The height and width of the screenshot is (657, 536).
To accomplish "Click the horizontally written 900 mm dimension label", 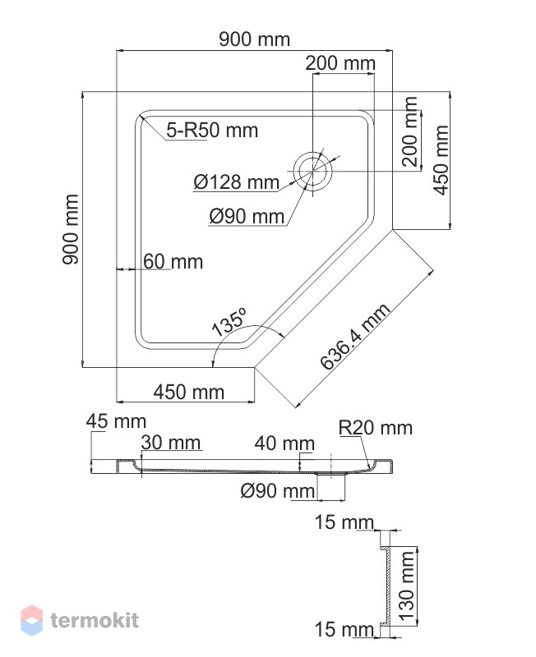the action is click(254, 39).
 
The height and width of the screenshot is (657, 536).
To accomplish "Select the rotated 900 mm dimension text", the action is click(71, 229).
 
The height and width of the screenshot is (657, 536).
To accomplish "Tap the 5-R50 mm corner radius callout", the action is click(212, 131).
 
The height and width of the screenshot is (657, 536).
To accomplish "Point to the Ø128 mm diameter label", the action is click(236, 182).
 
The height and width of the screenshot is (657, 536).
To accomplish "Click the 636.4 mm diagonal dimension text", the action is click(355, 337).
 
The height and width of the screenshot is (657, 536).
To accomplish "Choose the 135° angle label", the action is click(229, 322).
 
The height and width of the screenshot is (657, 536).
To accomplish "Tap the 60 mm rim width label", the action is click(173, 261).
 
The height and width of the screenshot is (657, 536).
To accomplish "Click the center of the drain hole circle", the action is click(313, 171).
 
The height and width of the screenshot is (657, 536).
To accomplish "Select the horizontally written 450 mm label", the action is click(189, 393).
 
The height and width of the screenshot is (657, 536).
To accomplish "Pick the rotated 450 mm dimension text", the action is click(441, 160).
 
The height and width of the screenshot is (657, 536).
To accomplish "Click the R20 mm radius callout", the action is click(376, 428).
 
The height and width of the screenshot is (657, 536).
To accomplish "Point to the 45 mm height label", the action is click(116, 421).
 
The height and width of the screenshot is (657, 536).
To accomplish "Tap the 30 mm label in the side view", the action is click(171, 443).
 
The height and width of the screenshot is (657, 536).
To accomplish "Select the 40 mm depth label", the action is click(284, 443).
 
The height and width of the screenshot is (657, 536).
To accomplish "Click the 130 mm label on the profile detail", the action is click(406, 586).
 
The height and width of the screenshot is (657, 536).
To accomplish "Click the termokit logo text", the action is click(95, 620).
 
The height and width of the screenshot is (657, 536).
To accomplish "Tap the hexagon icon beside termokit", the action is click(31, 620).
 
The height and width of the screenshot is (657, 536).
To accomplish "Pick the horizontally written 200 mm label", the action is click(340, 63).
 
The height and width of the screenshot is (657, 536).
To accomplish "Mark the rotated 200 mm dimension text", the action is click(409, 131).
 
